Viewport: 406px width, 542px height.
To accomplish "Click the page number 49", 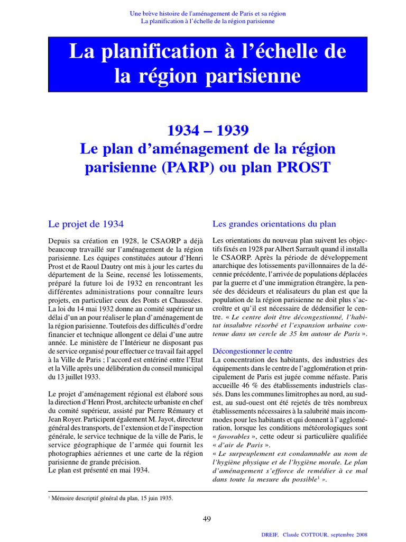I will pos(207,519).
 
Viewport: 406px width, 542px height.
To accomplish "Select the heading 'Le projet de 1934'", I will pos(86,224).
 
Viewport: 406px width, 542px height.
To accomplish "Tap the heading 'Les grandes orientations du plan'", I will pos(274,224).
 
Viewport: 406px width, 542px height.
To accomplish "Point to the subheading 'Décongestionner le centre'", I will pos(252,351).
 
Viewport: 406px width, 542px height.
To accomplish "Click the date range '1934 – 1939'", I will pos(208,130).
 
